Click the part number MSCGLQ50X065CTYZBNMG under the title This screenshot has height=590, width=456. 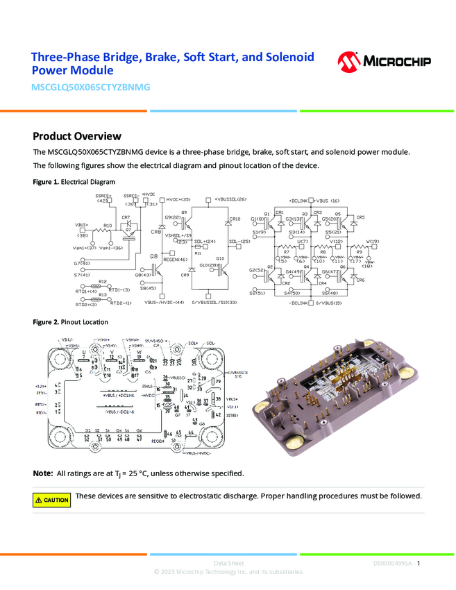(91, 87)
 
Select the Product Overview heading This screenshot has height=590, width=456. (77, 136)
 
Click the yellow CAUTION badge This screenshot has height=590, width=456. (51, 500)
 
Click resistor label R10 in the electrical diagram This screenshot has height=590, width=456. (108, 226)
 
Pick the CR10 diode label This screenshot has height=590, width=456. (235, 219)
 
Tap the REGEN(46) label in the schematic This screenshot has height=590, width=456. (176, 260)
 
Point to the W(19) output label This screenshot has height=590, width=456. (373, 242)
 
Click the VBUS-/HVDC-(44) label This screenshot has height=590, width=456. (164, 303)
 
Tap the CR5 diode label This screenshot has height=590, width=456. (360, 217)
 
